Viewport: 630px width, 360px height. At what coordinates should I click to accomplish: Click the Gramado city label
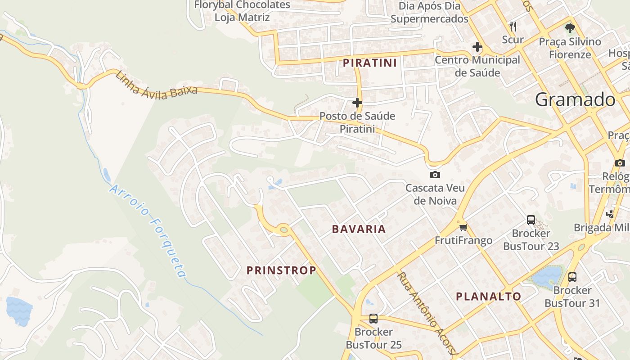pyautogui.click(x=575, y=99)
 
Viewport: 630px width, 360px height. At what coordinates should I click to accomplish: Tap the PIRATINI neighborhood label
pyautogui.click(x=370, y=63)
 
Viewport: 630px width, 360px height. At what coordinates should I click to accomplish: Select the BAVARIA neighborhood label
pyautogui.click(x=359, y=229)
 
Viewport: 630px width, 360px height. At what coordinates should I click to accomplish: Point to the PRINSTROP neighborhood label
pyautogui.click(x=281, y=270)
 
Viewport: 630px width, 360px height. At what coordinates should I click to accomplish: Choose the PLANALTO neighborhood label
pyautogui.click(x=488, y=297)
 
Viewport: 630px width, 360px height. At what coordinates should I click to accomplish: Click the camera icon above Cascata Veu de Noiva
pyautogui.click(x=435, y=175)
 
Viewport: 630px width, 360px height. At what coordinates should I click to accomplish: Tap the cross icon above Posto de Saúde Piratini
pyautogui.click(x=357, y=103)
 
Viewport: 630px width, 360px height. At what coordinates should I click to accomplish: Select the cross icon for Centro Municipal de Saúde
pyautogui.click(x=477, y=47)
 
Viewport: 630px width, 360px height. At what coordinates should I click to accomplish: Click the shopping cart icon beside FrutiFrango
pyautogui.click(x=463, y=227)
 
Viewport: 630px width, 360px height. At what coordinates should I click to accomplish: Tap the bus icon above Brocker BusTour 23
pyautogui.click(x=531, y=220)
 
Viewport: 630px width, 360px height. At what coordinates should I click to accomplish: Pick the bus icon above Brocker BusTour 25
pyautogui.click(x=373, y=319)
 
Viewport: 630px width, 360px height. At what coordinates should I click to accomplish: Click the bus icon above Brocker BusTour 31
pyautogui.click(x=572, y=277)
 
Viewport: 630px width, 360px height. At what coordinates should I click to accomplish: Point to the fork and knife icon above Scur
pyautogui.click(x=513, y=26)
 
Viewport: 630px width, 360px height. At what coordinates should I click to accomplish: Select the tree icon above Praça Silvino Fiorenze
pyautogui.click(x=570, y=28)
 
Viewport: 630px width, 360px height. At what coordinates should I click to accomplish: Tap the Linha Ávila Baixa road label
pyautogui.click(x=156, y=85)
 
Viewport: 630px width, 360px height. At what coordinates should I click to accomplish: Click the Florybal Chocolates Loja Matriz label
pyautogui.click(x=242, y=11)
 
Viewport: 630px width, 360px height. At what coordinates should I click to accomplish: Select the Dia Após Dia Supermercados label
pyautogui.click(x=429, y=12)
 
